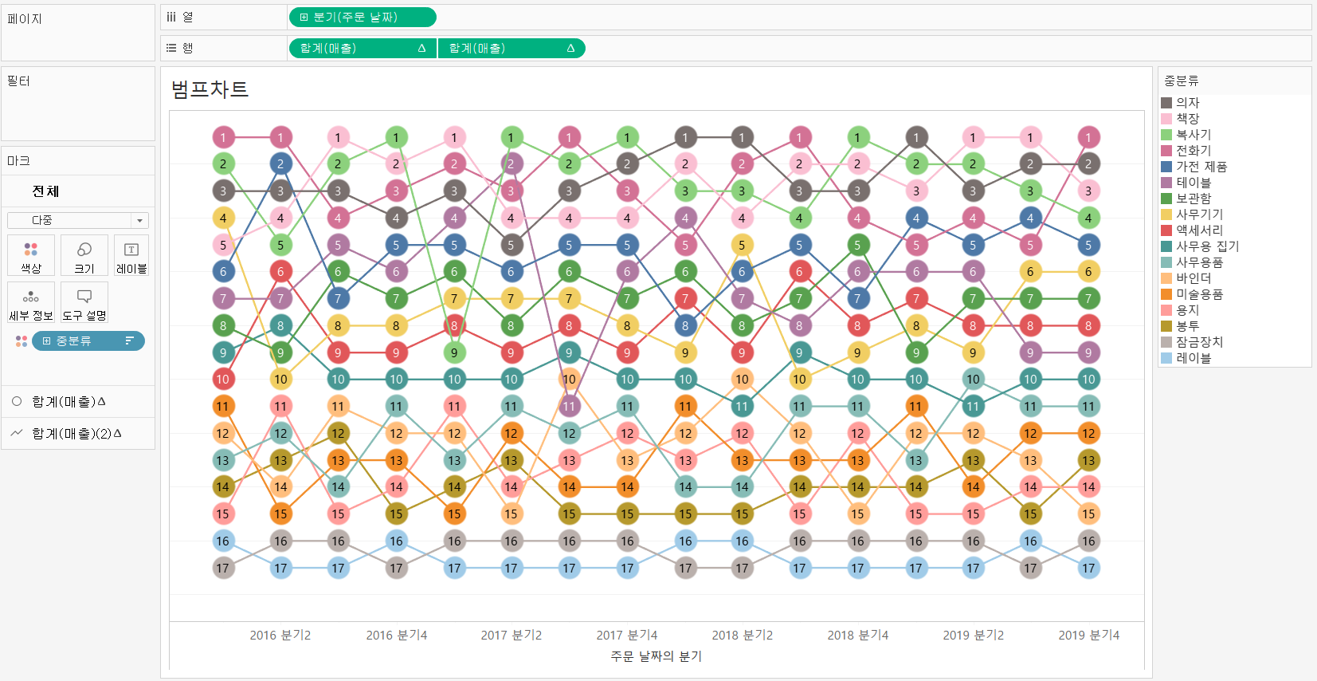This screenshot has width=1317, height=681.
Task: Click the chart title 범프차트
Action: pos(210,89)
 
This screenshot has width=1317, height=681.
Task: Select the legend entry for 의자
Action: pos(1187,103)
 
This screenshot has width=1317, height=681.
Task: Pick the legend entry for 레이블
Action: pos(1193,358)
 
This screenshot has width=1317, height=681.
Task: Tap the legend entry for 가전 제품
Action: pos(1201,167)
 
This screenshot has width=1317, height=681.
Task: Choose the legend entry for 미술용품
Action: pos(1199,294)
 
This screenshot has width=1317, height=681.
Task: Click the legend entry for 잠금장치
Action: pos(1199,342)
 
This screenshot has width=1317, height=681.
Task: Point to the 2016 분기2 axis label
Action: pos(280,636)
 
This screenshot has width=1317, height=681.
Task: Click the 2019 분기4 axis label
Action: pos(1088,636)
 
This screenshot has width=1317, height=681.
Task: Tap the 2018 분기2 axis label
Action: pos(742,636)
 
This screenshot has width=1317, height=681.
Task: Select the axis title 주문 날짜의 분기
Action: pos(656,656)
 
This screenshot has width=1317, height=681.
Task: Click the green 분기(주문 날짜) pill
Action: pos(362,17)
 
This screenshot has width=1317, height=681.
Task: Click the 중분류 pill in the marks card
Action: pos(88,341)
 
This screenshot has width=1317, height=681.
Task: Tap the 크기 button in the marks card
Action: pos(84,256)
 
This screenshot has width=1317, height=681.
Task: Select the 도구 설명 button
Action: pos(84,303)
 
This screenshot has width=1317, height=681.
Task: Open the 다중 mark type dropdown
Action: pos(77,220)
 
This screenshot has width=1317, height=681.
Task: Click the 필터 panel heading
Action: pos(18,81)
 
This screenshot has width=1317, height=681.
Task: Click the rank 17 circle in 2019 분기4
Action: pos(1088,568)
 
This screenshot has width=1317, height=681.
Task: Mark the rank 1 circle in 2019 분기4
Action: pos(1088,137)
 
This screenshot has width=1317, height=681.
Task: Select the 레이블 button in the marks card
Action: pos(131,256)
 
